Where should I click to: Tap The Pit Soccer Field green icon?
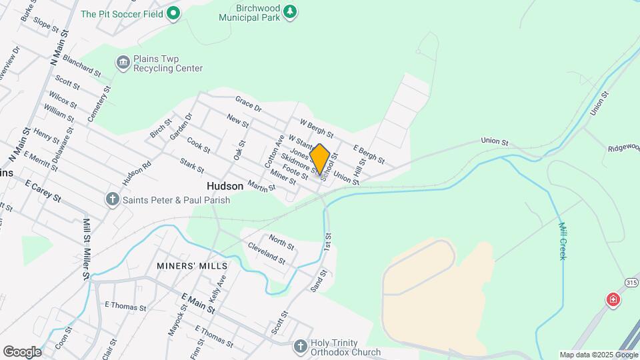coord(173,13)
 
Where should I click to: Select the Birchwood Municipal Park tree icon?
coord(289,11)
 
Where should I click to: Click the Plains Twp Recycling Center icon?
coord(123,63)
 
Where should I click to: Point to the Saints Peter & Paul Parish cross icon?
coord(113,199)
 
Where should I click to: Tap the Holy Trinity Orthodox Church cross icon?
coord(300,346)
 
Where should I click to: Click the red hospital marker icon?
coord(612,300)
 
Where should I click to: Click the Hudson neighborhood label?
coord(225,187)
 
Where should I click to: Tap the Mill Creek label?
coord(562,241)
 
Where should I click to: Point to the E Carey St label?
coord(43,190)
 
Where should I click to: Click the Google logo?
coord(22,352)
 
